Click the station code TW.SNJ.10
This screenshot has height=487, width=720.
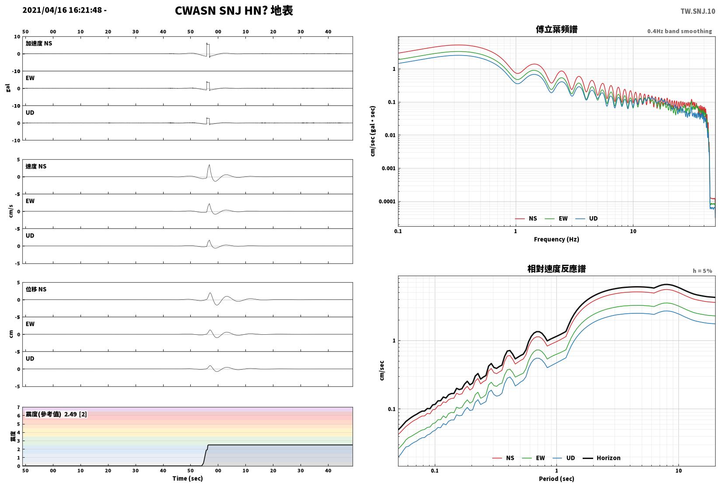pyautogui.click(x=698, y=11)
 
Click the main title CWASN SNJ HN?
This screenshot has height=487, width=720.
pyautogui.click(x=221, y=11)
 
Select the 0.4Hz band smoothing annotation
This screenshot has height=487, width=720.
pyautogui.click(x=679, y=31)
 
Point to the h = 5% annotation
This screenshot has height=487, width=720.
pyautogui.click(x=703, y=271)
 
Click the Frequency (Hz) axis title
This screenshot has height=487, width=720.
pyautogui.click(x=556, y=239)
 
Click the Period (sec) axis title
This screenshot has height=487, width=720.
pyautogui.click(x=556, y=479)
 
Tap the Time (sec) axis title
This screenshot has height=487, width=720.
pyautogui.click(x=188, y=478)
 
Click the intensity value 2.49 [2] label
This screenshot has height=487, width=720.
pyautogui.click(x=76, y=414)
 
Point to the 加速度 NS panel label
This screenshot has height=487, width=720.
pyautogui.click(x=39, y=43)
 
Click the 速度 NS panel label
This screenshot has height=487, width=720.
pyautogui.click(x=36, y=166)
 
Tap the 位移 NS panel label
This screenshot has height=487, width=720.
pyautogui.click(x=36, y=289)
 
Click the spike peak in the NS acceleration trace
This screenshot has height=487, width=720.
pyautogui.click(x=207, y=43)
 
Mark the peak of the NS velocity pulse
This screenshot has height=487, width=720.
pyautogui.click(x=209, y=165)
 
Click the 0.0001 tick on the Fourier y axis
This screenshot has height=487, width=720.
pyautogui.click(x=387, y=202)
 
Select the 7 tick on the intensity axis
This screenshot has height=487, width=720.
pyautogui.click(x=19, y=407)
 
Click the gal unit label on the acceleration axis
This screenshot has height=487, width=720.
pyautogui.click(x=8, y=88)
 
